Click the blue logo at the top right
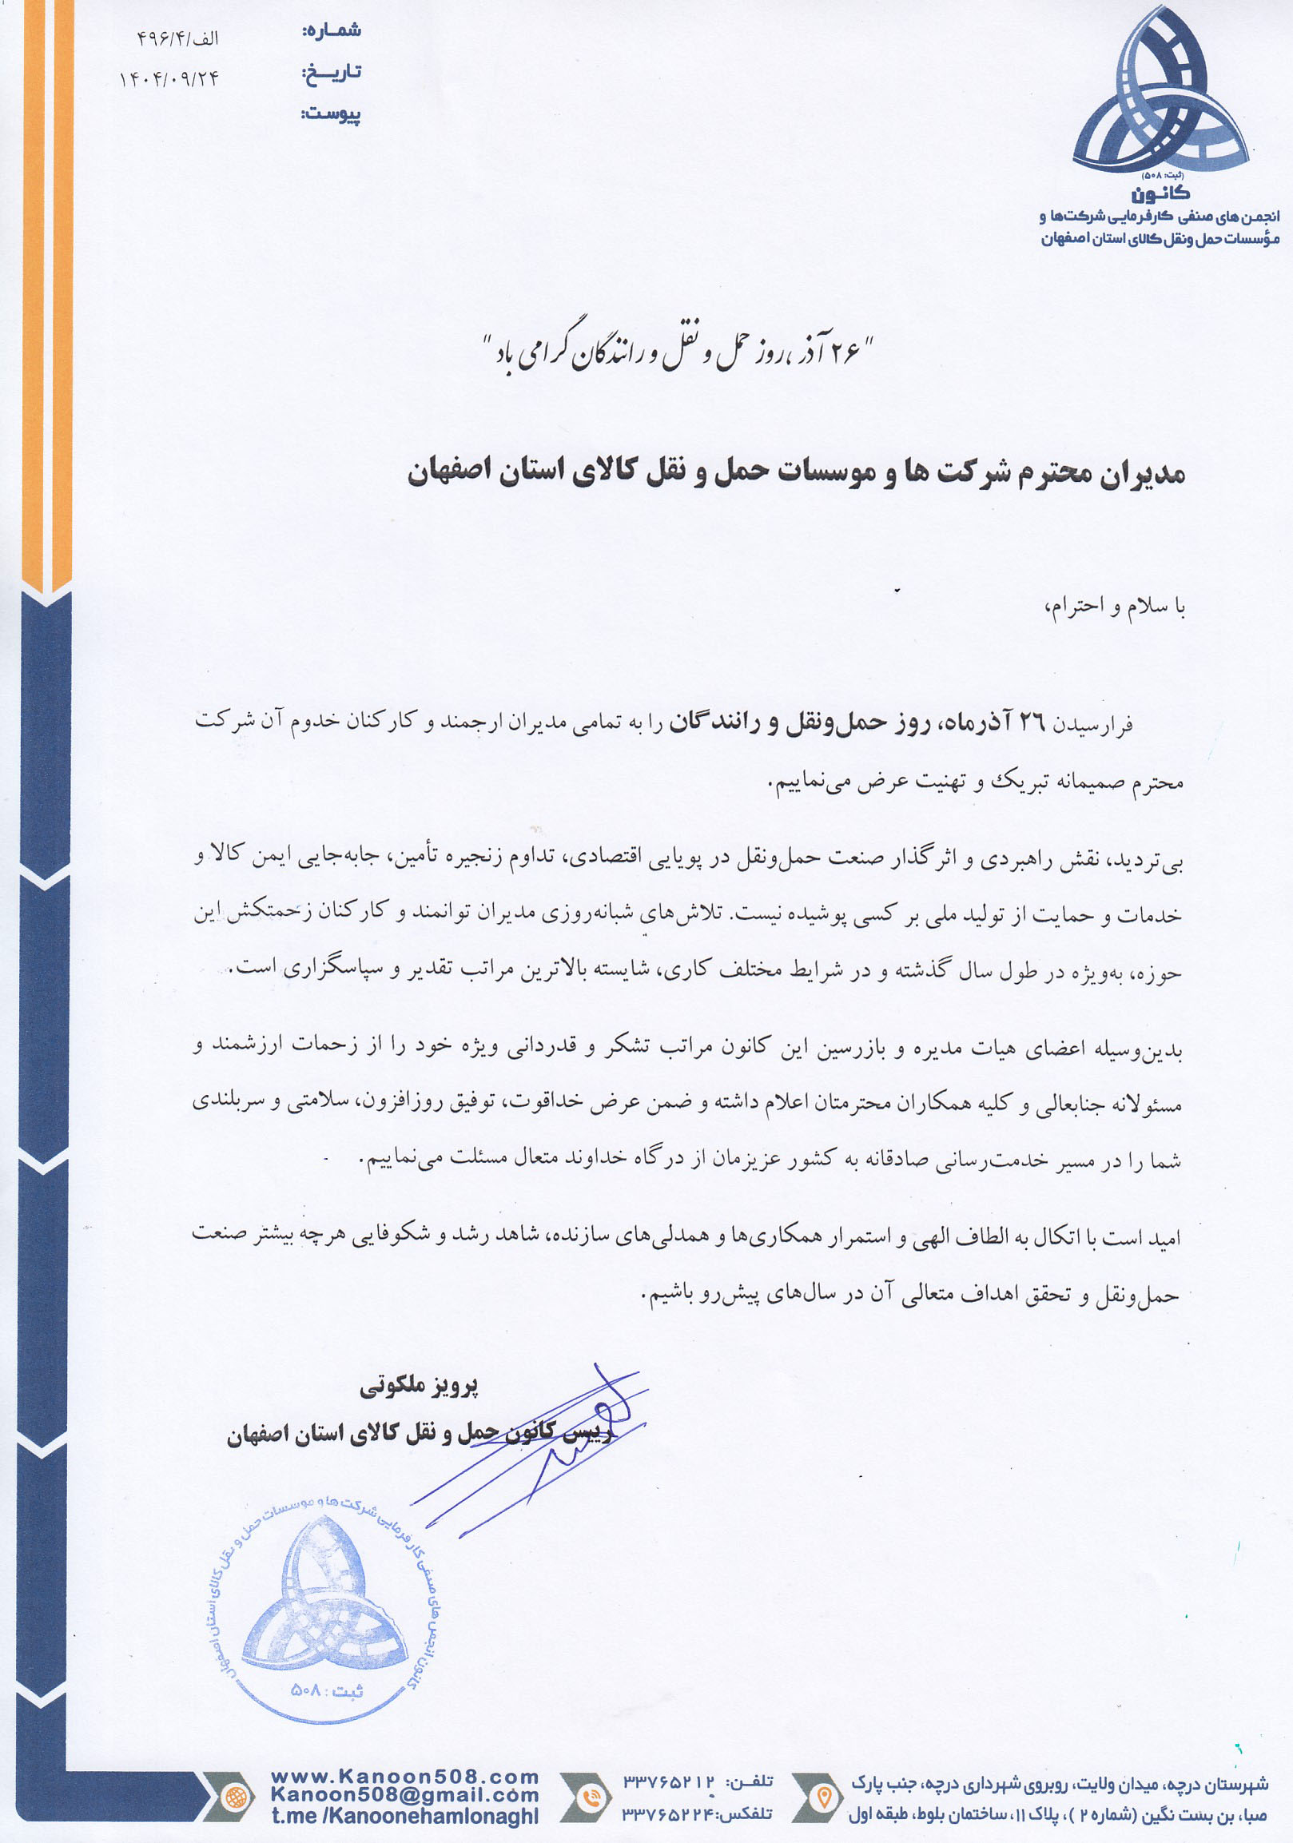coord(1159,93)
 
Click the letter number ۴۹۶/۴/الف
coord(177,38)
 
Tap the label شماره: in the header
coord(332,31)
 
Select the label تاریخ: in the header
coord(332,73)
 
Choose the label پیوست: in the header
coord(331,115)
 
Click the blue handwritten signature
coord(562,1445)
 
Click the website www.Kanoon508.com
coord(404,1777)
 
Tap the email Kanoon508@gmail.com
coord(404,1796)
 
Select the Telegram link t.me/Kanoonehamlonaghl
coord(404,1816)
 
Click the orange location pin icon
coord(822,1797)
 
